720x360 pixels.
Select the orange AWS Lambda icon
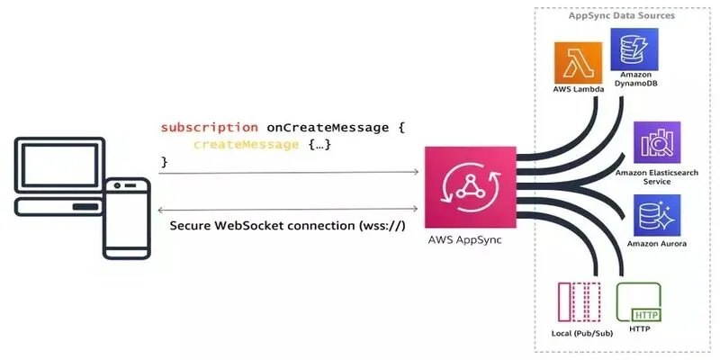point(578,63)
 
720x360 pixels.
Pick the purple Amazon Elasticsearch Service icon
point(657,142)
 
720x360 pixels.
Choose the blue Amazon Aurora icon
point(657,215)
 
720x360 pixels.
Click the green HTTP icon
point(638,303)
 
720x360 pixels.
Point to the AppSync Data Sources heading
point(622,16)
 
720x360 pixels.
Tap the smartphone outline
point(126,219)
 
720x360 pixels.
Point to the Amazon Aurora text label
point(657,245)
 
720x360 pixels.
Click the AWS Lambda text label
point(578,91)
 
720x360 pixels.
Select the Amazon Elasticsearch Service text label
point(657,175)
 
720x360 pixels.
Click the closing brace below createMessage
point(165,161)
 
